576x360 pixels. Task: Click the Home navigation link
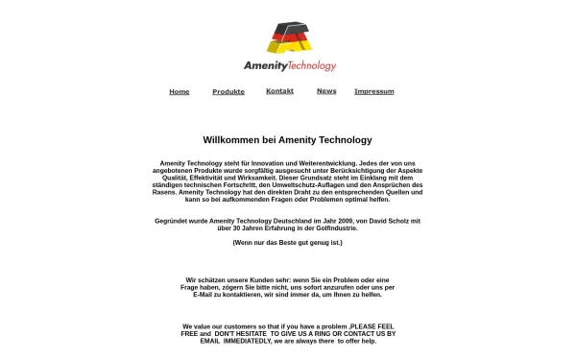179,92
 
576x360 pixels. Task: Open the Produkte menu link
228,92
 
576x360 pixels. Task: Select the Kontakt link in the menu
279,91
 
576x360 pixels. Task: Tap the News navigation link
326,91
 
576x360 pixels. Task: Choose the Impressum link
374,92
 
